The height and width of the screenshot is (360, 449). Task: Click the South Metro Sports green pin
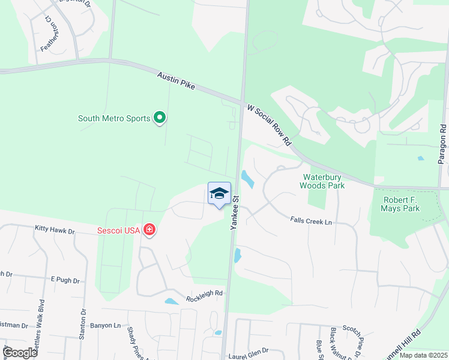point(159,118)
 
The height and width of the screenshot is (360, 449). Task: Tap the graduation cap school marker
point(219,194)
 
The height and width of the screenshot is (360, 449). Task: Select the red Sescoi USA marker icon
point(149,230)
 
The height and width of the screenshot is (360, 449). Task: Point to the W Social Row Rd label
point(270,125)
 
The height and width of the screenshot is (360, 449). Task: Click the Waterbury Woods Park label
point(324,181)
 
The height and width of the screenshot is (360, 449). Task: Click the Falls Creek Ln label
point(312,221)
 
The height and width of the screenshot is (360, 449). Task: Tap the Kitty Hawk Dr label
point(55,230)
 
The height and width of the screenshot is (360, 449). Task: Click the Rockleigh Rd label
point(204,295)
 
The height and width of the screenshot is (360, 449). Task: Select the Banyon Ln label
point(105,326)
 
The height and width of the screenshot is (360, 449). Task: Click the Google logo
point(20,353)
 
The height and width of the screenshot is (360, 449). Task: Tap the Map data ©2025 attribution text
point(423,355)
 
